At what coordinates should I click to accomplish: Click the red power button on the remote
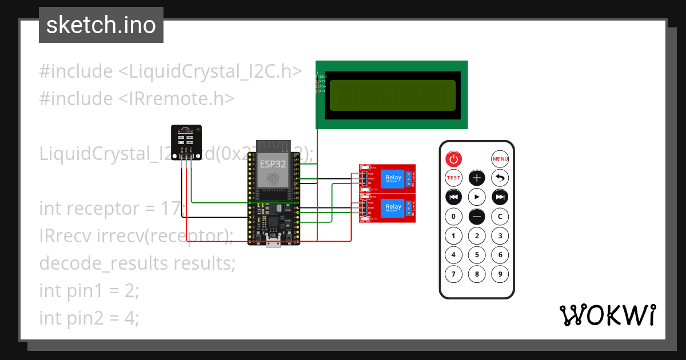[x=453, y=159]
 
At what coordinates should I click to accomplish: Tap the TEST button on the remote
[x=453, y=178]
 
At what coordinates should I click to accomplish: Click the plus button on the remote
[x=477, y=178]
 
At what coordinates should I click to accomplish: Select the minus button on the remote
[x=477, y=217]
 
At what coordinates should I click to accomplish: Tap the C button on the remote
[x=500, y=217]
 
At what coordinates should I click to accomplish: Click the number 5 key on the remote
[x=477, y=255]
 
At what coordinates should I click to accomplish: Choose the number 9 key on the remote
[x=500, y=274]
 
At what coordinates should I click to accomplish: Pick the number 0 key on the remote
[x=453, y=217]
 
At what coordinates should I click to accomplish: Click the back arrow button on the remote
[x=500, y=178]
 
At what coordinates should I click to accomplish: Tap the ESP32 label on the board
[x=273, y=163]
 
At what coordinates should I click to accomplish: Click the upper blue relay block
[x=393, y=178]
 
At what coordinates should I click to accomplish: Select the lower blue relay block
[x=393, y=207]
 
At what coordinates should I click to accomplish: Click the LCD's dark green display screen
[x=393, y=95]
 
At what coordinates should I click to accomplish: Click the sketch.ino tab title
[x=101, y=25]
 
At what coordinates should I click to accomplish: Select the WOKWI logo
[x=607, y=315]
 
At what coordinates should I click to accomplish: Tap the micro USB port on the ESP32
[x=273, y=245]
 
